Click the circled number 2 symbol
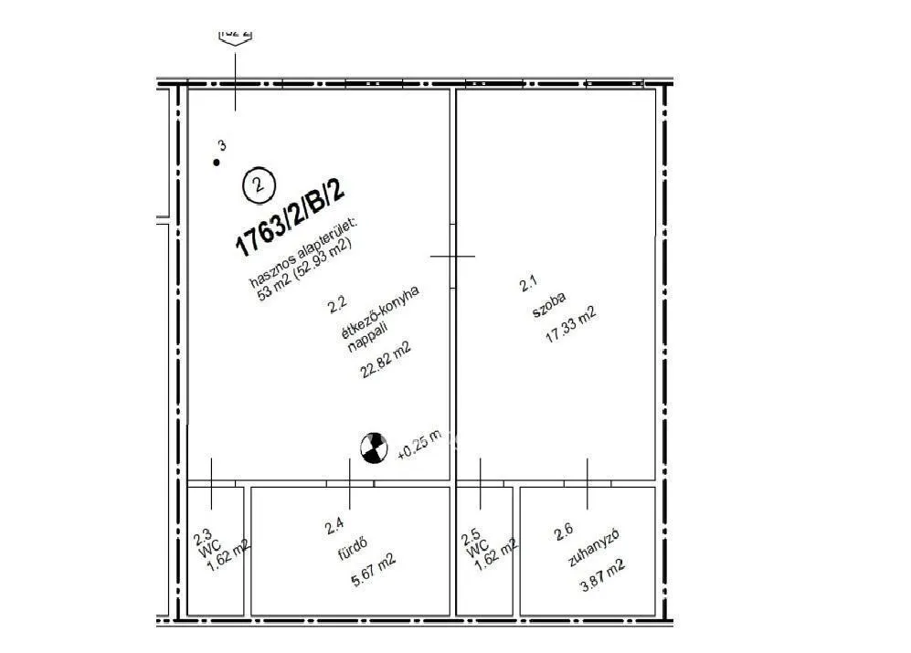[x=259, y=185]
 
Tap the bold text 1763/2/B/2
[x=290, y=217]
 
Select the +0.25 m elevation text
[x=419, y=444]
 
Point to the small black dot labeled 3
[x=217, y=163]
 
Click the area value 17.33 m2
[x=570, y=323]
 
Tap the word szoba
[x=550, y=305]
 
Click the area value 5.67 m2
[x=374, y=571]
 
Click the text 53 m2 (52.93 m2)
[x=305, y=269]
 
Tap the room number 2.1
[x=527, y=285]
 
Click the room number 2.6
[x=563, y=530]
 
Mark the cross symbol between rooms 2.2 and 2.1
[x=452, y=257]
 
